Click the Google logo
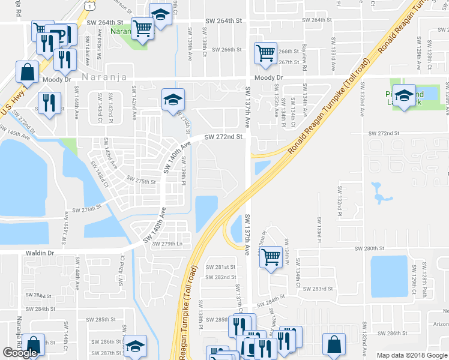click(x=20, y=353)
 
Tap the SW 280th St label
click(x=369, y=248)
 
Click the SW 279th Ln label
click(x=167, y=244)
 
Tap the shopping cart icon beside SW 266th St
click(x=265, y=53)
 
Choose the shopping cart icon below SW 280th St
click(x=271, y=257)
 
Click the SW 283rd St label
click(x=318, y=289)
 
